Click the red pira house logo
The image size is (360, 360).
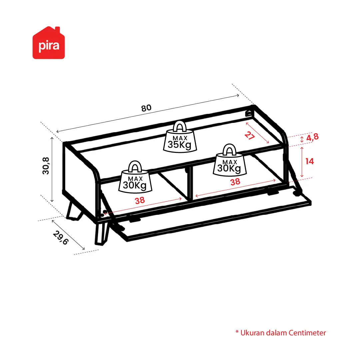tap(49, 43)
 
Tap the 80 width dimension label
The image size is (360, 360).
tap(146, 108)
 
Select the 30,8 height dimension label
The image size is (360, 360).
tap(46, 166)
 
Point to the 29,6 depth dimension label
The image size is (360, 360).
tap(61, 238)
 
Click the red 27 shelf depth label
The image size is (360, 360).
tap(249, 135)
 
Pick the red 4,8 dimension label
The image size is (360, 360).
tap(312, 137)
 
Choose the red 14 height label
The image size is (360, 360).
tap(309, 162)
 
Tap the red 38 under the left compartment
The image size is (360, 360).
tap(140, 201)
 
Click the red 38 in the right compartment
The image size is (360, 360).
tap(235, 182)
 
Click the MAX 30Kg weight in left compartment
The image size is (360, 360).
tap(135, 177)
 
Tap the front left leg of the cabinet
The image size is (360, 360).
tap(101, 233)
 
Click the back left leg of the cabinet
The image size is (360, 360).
tap(74, 210)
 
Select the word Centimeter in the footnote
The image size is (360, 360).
tap(307, 333)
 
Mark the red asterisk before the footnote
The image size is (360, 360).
tap(237, 332)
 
